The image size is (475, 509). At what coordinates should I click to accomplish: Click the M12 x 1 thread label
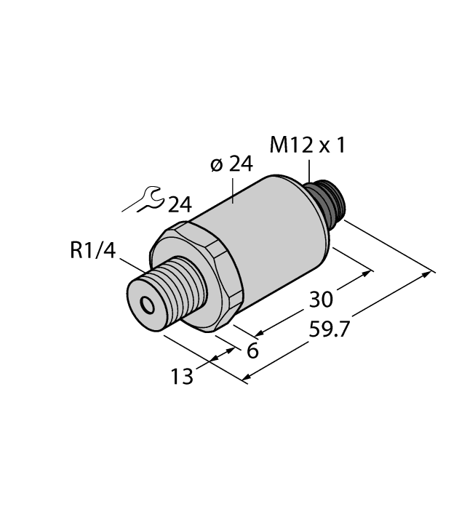pos(308,145)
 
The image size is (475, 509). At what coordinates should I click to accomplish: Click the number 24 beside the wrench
pos(179,206)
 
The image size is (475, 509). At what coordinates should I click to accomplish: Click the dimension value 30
pos(320,299)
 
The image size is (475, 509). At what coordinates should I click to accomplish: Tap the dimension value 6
pos(252,350)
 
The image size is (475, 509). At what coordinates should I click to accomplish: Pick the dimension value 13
pos(182,377)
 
